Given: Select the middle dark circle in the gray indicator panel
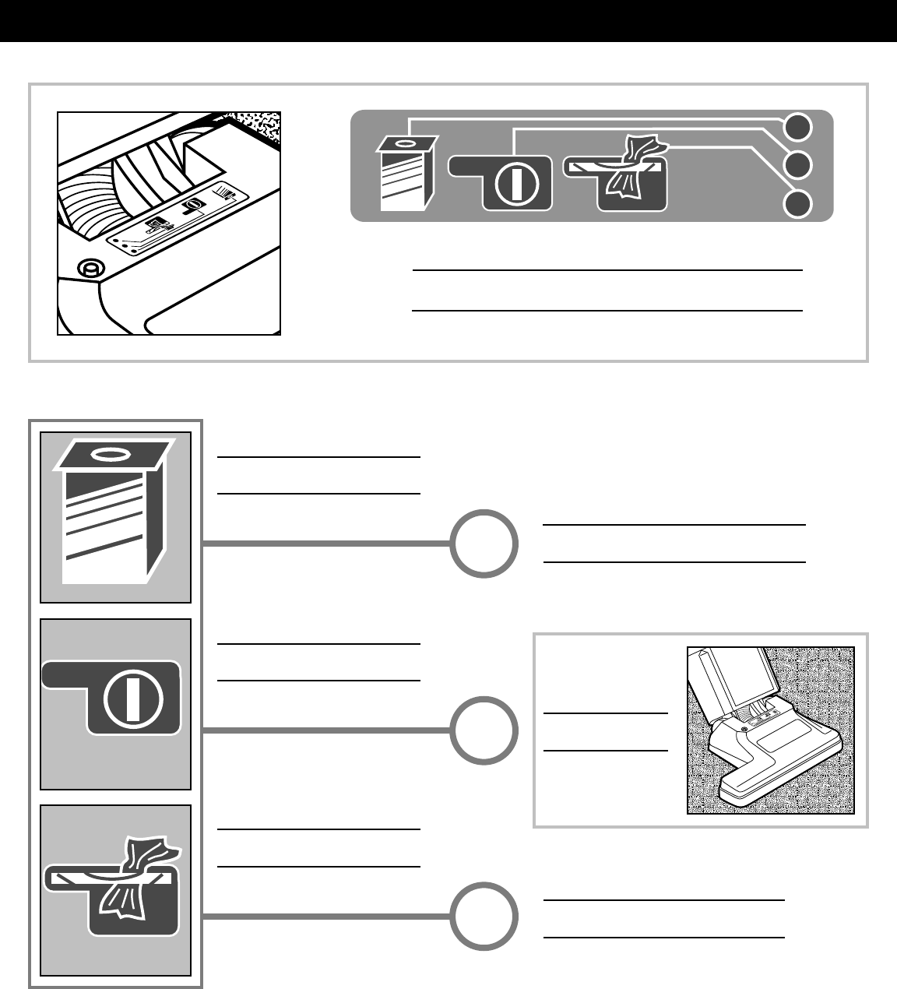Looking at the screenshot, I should (797, 165).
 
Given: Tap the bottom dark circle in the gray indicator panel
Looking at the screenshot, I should (797, 204).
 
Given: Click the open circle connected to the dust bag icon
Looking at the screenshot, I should (484, 544).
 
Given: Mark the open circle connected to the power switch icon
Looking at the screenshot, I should (484, 730).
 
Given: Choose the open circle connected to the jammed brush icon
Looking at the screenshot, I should (484, 917).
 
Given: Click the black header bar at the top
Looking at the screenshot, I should (448, 21).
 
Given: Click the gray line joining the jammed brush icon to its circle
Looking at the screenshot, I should (327, 917).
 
